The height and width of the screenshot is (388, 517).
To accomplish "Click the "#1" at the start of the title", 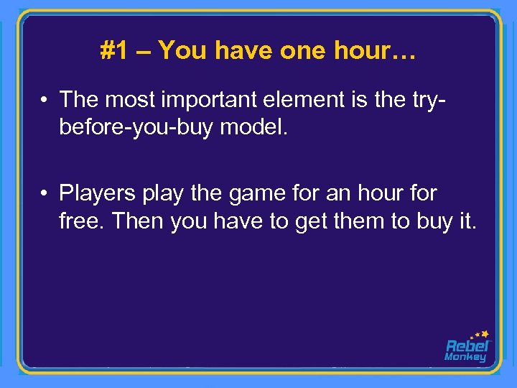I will [x=113, y=50].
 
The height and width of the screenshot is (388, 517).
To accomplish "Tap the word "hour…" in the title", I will [x=374, y=50].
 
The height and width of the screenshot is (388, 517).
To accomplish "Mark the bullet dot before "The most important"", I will [x=45, y=99].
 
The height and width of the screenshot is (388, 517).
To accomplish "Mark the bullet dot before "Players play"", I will [x=45, y=193].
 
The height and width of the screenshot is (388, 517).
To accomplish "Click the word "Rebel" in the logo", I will [x=467, y=346].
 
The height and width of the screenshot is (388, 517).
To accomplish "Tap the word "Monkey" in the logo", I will [x=465, y=357].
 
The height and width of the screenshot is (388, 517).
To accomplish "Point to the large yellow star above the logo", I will [x=485, y=334].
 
